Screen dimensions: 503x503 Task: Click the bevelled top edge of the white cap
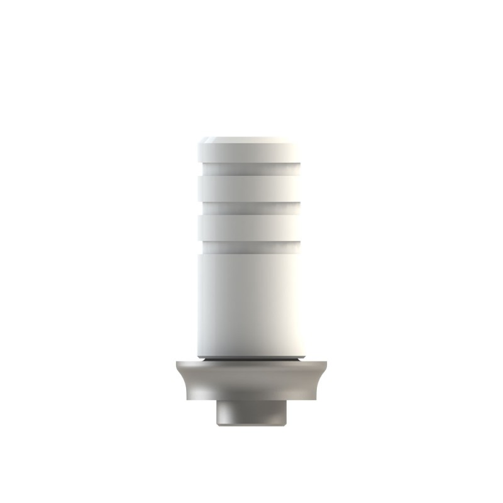(250, 138)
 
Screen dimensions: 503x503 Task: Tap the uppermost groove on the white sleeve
(250, 170)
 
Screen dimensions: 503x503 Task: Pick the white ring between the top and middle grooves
(250, 188)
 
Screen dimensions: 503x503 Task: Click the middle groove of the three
(250, 208)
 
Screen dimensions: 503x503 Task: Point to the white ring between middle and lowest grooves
(250, 227)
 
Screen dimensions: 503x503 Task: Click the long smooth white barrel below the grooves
(250, 302)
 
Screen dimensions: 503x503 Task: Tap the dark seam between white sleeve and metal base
(250, 359)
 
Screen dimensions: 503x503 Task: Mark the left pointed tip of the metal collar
(174, 363)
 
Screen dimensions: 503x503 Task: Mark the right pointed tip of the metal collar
(326, 363)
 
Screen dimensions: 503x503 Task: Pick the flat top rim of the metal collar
(250, 363)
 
